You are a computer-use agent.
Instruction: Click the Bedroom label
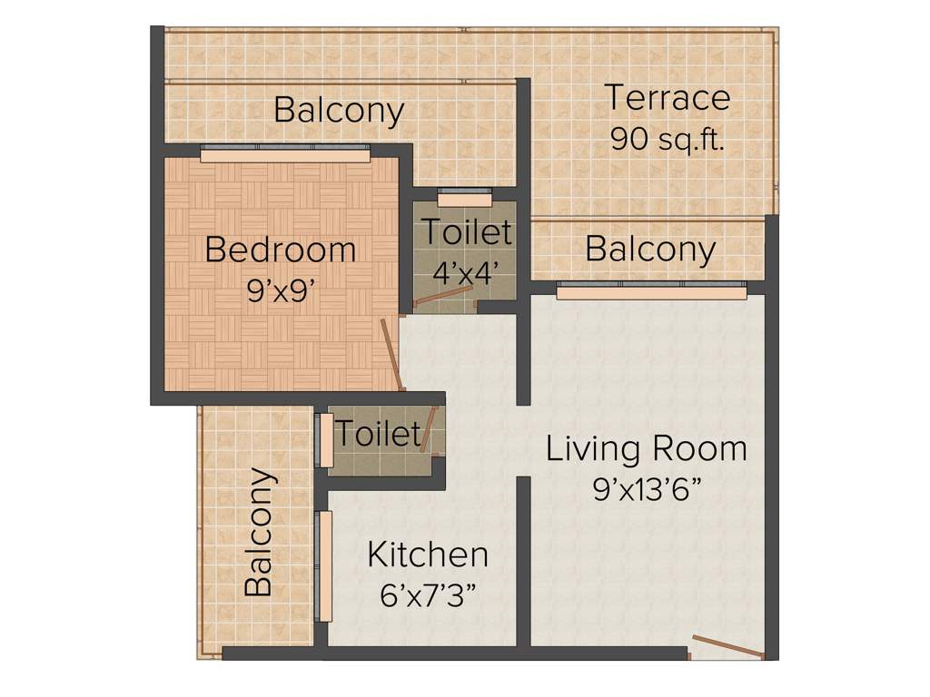pos(281,249)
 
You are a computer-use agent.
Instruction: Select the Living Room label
pos(647,448)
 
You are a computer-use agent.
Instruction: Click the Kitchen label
pos(428,554)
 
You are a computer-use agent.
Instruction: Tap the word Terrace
pos(668,97)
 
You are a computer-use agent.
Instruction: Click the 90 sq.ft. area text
pos(668,138)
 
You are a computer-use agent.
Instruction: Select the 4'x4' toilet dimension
pos(465,272)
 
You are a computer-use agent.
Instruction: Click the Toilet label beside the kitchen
pos(378,434)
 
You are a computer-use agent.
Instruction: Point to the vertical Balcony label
pos(259,532)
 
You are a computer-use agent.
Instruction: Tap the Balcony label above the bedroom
pos(339,111)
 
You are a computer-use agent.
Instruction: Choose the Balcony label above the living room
pos(650,249)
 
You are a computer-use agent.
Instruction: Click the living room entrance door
pos(727,646)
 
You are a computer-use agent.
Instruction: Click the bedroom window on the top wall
pos(284,155)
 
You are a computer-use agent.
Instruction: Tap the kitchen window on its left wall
pos(324,565)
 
